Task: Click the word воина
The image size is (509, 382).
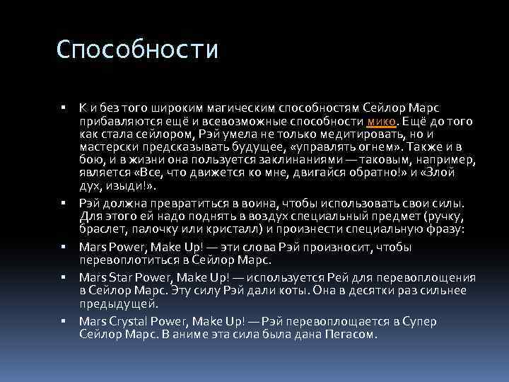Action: pos(267,202)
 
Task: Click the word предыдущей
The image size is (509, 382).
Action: pos(110,304)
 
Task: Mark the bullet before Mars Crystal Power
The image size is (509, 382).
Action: pos(63,321)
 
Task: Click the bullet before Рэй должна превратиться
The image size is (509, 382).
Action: pos(63,203)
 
